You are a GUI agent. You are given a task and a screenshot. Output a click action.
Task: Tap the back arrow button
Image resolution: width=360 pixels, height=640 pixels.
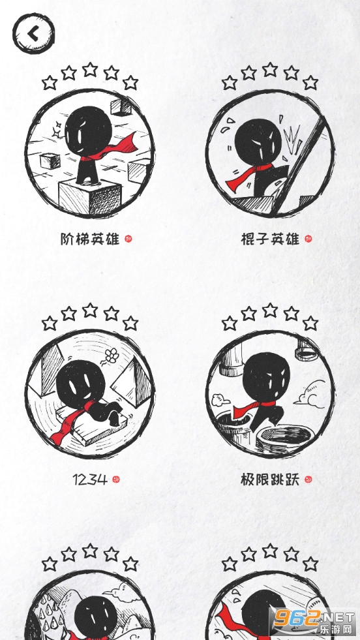point(33,33)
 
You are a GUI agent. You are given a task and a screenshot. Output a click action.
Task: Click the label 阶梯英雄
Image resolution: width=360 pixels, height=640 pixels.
point(90,239)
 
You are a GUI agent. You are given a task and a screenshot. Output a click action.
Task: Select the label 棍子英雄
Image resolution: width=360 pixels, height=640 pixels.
point(270,239)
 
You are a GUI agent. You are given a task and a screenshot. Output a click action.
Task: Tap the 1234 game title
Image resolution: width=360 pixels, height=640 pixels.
point(90,479)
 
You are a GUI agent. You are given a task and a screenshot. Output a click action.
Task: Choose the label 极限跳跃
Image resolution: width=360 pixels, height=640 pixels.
point(270,479)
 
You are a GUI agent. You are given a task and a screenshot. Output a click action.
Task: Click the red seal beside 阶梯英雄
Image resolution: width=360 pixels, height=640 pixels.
point(128,239)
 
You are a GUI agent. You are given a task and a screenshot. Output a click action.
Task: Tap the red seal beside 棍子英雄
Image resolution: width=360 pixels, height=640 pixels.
point(308,239)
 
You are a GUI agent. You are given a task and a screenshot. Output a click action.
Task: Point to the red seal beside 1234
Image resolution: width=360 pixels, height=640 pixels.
point(116,479)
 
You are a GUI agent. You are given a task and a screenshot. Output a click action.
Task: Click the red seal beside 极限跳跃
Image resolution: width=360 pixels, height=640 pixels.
point(308,479)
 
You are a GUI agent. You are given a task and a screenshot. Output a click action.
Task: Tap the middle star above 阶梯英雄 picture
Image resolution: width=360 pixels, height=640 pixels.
point(90,69)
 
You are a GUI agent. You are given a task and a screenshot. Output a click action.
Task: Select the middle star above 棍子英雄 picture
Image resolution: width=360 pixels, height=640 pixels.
point(270,69)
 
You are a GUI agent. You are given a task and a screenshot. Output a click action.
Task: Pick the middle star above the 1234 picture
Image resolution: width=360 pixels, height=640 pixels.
point(90,310)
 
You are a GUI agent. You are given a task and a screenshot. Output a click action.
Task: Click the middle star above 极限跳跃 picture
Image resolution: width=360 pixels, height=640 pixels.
point(270,310)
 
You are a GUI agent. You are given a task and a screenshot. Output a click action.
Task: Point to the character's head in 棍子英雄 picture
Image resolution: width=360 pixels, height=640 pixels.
point(258,142)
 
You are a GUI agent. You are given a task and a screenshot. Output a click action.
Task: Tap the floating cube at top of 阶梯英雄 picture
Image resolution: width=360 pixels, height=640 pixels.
point(121,107)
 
